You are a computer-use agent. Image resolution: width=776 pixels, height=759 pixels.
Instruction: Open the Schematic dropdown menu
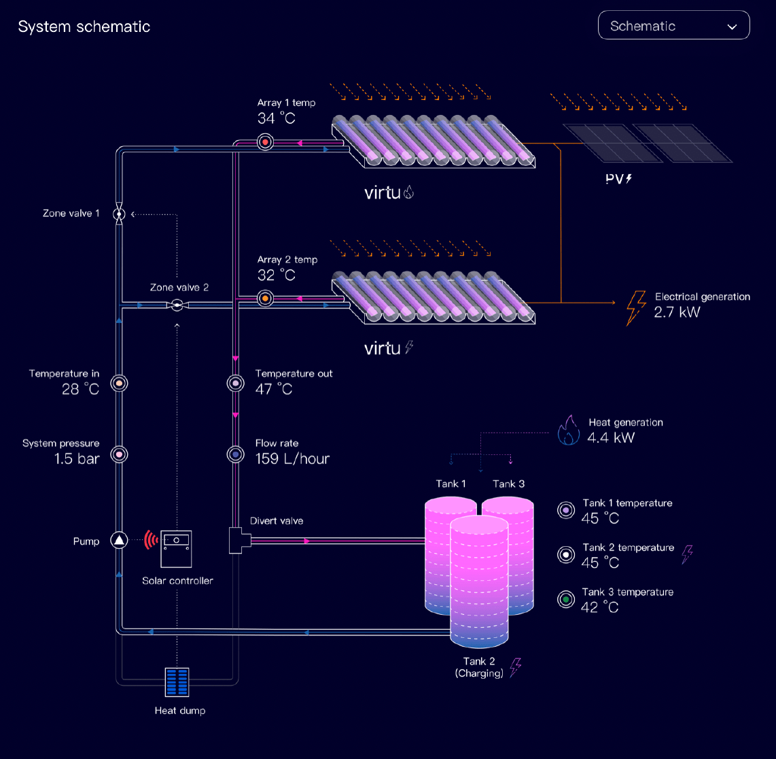(673, 26)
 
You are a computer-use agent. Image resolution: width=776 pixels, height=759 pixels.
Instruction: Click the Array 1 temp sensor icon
(265, 142)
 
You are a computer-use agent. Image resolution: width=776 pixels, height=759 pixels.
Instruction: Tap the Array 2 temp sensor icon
(265, 299)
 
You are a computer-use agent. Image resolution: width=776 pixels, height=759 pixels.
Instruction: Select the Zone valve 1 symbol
(119, 214)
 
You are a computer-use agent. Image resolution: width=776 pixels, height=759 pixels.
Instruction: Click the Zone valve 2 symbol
(177, 305)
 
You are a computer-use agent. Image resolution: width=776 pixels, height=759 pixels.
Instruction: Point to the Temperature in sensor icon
(119, 384)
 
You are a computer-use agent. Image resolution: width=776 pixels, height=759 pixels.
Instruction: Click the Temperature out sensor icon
(235, 384)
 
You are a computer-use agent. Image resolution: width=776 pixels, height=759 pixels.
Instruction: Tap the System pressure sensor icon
(119, 454)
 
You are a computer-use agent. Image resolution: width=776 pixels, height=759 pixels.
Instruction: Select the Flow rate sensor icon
(235, 454)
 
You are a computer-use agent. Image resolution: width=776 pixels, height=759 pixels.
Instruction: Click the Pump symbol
(119, 541)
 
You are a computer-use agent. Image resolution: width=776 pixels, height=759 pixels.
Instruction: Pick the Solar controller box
(176, 548)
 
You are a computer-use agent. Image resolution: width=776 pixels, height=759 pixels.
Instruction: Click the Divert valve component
(239, 541)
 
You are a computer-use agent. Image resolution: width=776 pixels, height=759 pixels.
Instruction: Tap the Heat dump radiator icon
(177, 682)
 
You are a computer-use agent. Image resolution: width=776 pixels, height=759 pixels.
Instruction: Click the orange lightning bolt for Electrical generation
(635, 307)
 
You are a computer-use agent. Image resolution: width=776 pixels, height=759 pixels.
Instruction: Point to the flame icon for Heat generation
(567, 431)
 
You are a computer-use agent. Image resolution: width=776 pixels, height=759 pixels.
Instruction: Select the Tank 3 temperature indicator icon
(565, 599)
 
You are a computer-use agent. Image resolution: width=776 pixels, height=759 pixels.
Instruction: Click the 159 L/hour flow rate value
(292, 459)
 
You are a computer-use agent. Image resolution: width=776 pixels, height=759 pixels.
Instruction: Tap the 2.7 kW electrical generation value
(676, 313)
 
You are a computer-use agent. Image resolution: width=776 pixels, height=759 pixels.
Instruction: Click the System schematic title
(84, 27)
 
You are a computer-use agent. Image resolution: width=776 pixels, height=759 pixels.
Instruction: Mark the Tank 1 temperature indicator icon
(565, 510)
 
